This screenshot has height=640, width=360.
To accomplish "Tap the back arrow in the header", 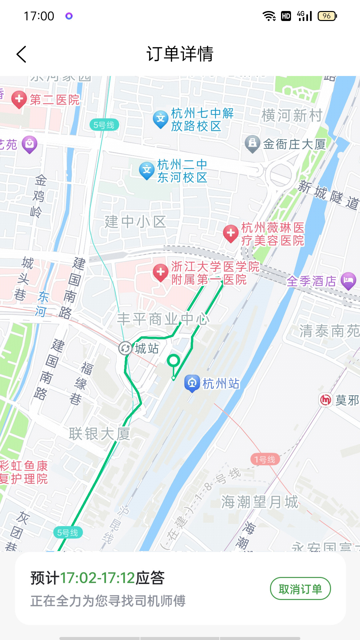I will (x=21, y=54).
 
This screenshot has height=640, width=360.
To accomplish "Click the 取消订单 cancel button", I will (x=300, y=589).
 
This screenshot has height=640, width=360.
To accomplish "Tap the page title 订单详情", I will (x=180, y=54).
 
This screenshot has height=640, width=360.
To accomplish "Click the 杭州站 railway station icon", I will (x=192, y=383).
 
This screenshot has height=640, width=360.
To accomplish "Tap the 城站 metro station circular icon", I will (x=125, y=348).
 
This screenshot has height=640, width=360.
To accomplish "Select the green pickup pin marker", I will (x=173, y=361).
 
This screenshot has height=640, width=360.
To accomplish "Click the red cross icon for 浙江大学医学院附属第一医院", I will (x=161, y=272).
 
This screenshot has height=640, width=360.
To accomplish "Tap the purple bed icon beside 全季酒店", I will (x=348, y=280).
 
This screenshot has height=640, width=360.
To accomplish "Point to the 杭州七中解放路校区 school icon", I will (x=161, y=119).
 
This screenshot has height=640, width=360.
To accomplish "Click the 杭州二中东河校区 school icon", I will (x=147, y=170).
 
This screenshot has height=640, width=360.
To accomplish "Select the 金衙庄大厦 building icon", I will (x=252, y=144).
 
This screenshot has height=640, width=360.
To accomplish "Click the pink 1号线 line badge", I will (x=265, y=460).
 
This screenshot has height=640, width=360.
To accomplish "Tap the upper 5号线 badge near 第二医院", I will (x=104, y=125).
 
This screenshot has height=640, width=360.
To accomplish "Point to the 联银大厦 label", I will (x=99, y=434).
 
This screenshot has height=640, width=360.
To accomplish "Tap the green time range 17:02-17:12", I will (x=97, y=578).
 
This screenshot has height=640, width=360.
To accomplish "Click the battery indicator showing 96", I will (x=327, y=16).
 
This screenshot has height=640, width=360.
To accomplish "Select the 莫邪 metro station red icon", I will (x=326, y=400).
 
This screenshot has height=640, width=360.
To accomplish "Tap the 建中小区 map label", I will (x=135, y=222).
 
